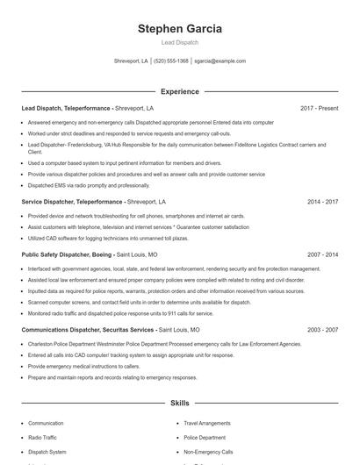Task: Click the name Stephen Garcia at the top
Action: pos(179,28)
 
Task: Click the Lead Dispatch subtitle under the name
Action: pos(179,42)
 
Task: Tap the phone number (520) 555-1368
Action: pos(171,61)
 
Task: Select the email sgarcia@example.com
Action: pos(220,61)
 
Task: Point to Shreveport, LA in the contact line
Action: pos(132,61)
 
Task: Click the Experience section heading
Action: pos(179,91)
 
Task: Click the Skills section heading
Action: pos(179,404)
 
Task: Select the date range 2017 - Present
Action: pos(319,108)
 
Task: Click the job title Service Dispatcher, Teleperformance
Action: pos(72,201)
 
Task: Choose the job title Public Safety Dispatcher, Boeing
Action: pos(67,254)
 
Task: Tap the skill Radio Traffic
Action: pos(42,437)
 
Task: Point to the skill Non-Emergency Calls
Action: pos(208,451)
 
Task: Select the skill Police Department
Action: pos(204,437)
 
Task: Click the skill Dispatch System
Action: pos(47,451)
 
